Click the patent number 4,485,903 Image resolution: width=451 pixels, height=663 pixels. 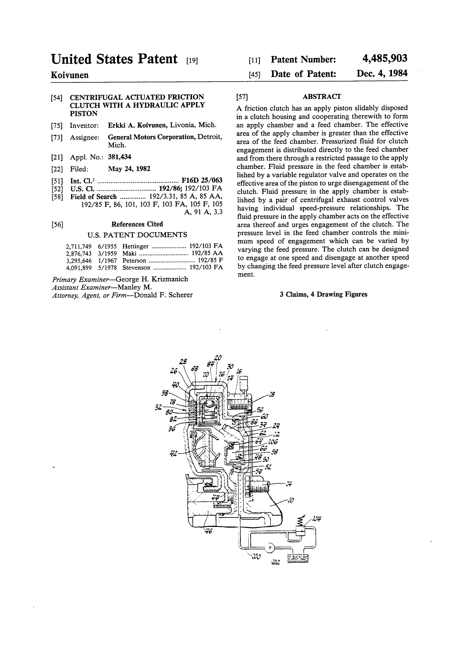[385, 58]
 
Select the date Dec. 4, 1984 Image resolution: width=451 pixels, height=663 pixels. [382, 73]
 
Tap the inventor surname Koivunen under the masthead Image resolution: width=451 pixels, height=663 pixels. [70, 75]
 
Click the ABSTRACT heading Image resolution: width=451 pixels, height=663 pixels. [322, 96]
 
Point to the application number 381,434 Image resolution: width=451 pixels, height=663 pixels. [120, 157]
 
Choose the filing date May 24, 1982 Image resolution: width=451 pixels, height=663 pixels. [129, 169]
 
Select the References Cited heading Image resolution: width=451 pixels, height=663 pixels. [137, 224]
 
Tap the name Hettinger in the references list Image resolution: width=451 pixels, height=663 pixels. [136, 246]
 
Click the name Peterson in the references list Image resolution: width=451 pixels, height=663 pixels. [134, 261]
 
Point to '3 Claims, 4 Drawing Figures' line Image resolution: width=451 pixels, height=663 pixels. [323, 294]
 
